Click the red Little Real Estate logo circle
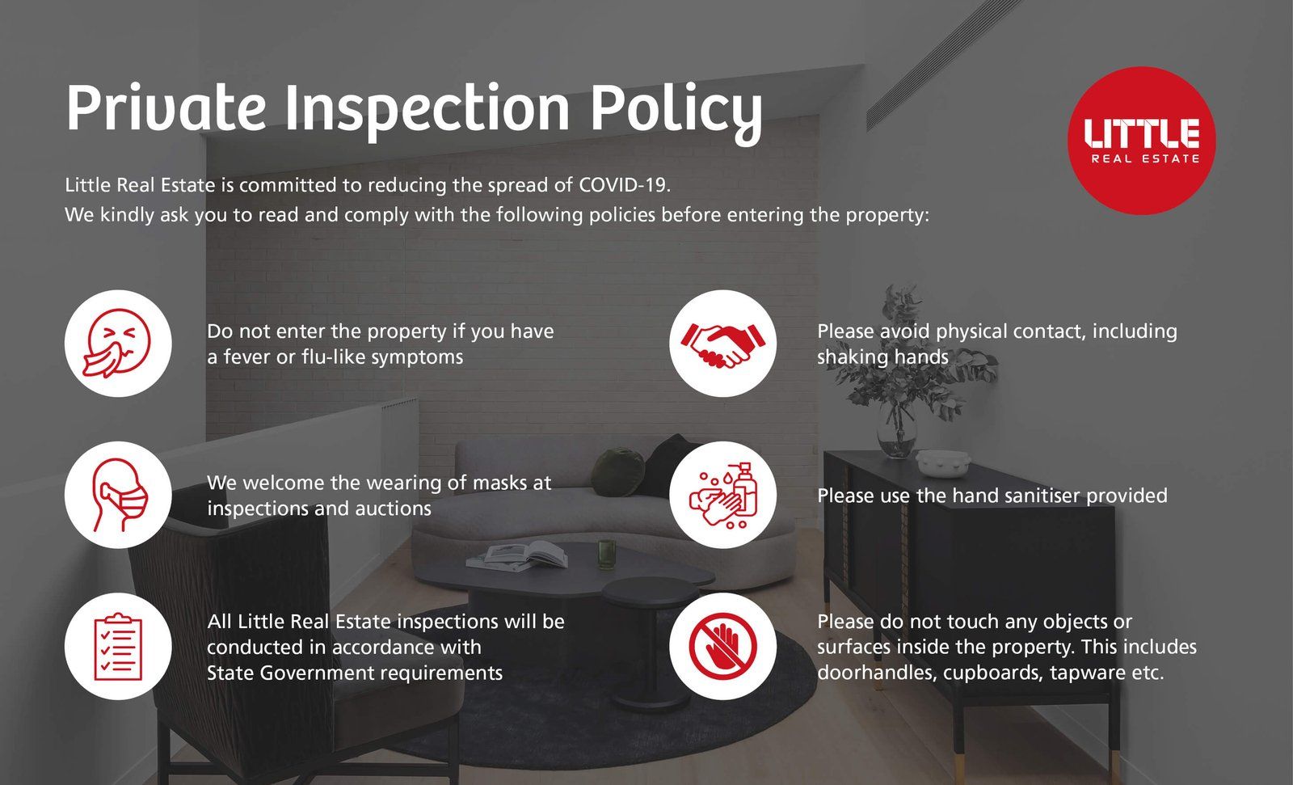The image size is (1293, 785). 1141,141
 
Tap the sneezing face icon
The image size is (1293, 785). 118,343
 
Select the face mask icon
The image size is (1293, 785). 120,495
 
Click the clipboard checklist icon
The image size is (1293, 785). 118,647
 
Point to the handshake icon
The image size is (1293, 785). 722,345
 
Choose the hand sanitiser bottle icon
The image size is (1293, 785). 723,495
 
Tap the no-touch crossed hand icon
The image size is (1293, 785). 722,647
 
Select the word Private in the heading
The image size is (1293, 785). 166,108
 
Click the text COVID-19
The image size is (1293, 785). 624,185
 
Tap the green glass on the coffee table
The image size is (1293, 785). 606,555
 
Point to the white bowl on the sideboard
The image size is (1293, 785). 940,463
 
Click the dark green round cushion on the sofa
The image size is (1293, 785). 617,471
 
